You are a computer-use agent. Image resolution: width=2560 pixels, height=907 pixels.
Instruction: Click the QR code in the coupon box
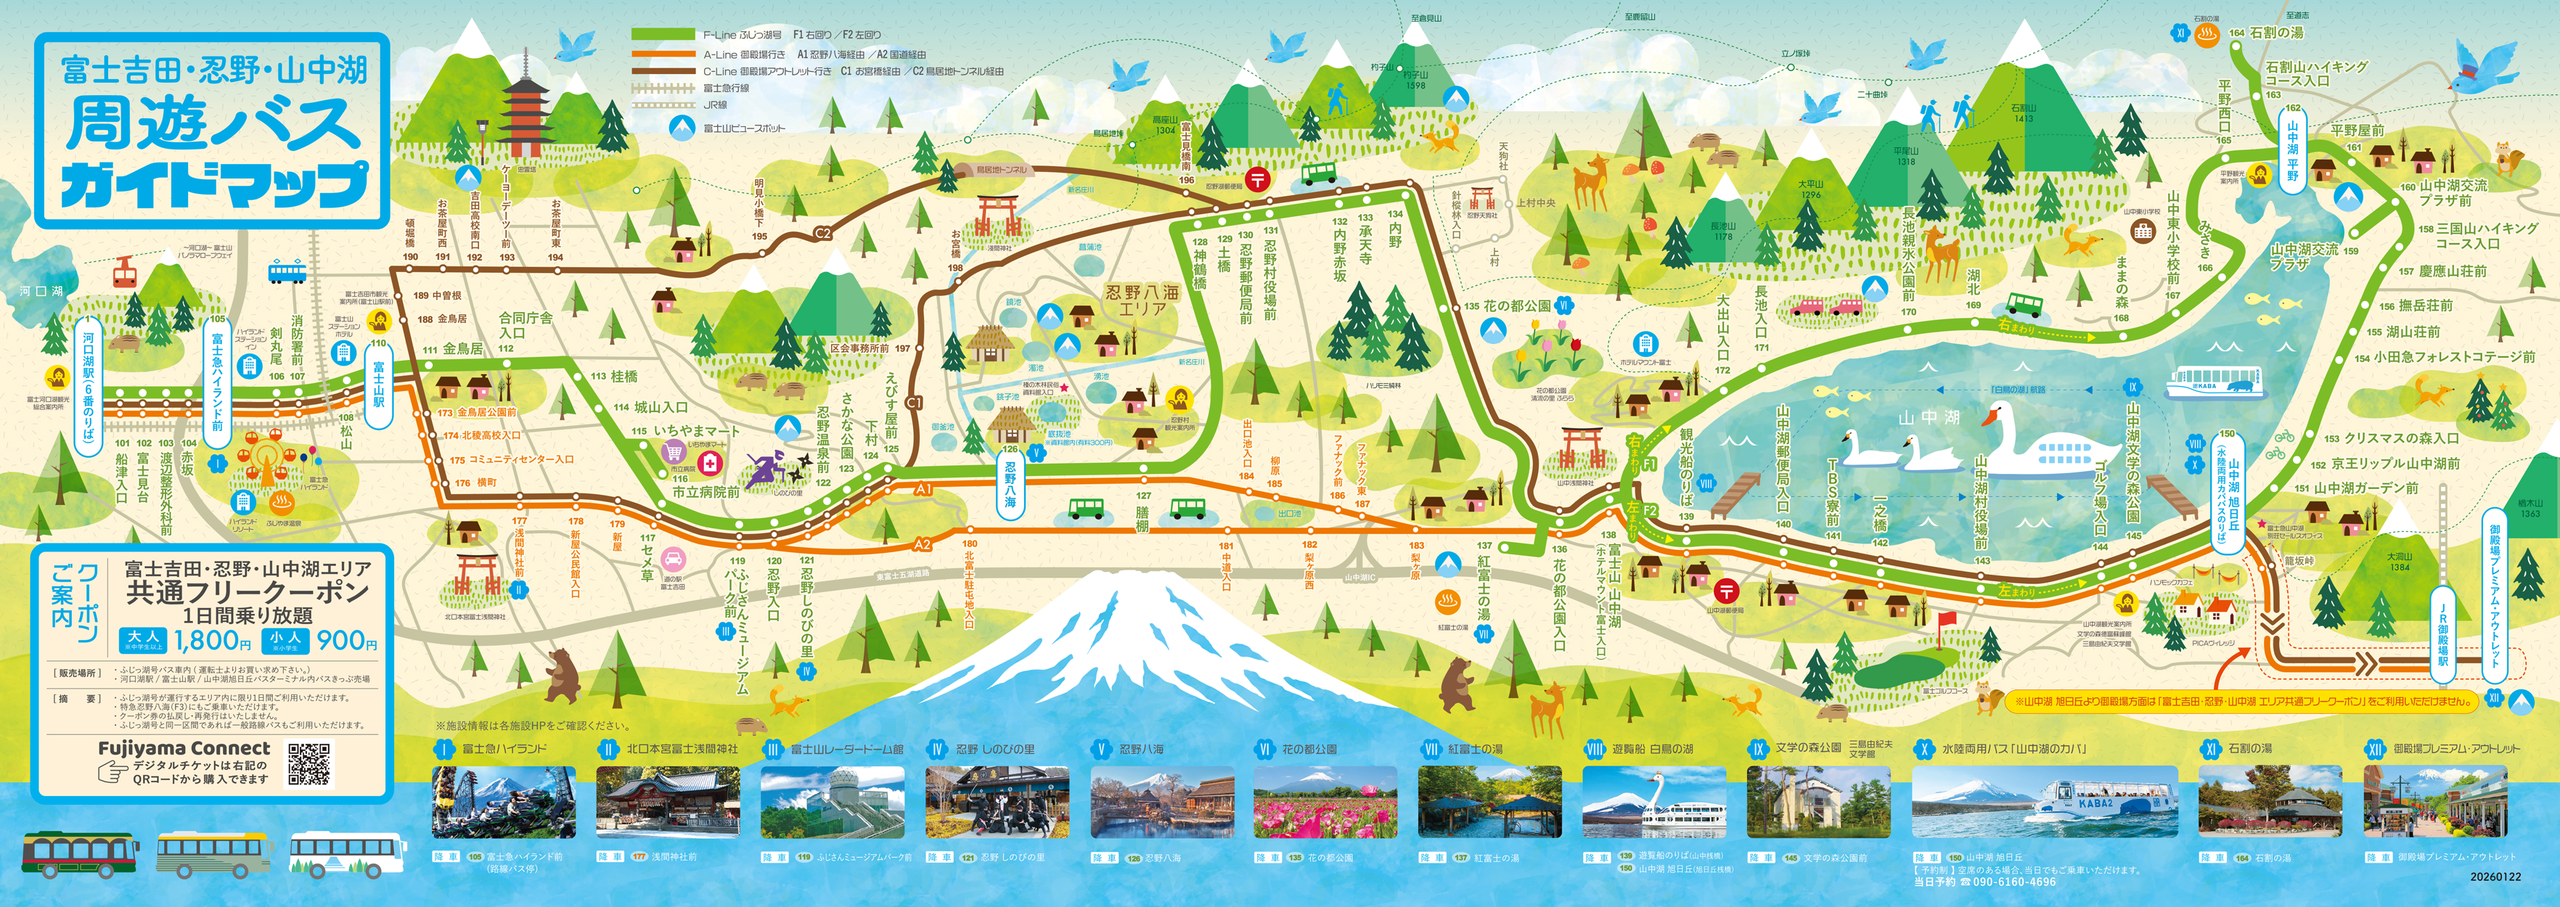tap(309, 763)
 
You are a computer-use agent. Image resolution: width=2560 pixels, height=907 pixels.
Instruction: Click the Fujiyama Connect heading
tap(184, 748)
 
